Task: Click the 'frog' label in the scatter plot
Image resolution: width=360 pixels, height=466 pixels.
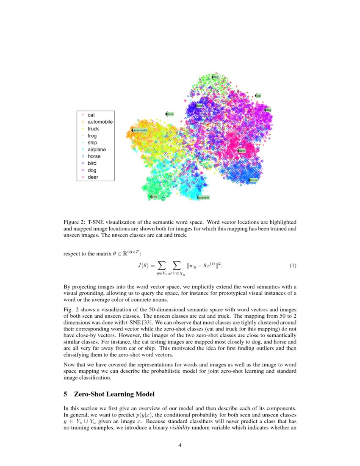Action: [x=215, y=77]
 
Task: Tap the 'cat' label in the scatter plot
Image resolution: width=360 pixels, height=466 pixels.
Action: [x=258, y=96]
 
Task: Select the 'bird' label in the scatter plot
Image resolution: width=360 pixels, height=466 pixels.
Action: [x=199, y=105]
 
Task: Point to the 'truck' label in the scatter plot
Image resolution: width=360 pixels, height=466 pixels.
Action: [x=170, y=114]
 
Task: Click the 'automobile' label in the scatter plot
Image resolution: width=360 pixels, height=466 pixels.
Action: [x=140, y=130]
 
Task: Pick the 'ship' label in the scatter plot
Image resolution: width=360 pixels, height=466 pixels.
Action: [x=154, y=197]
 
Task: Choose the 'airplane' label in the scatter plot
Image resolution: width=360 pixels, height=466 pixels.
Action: [x=203, y=197]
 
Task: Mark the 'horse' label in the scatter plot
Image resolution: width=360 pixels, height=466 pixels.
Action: [x=253, y=180]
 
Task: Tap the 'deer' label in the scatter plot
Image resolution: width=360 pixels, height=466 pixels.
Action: [x=241, y=150]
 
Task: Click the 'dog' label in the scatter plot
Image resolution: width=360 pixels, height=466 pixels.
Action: [x=268, y=110]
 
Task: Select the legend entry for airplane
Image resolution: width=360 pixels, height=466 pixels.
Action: [x=97, y=150]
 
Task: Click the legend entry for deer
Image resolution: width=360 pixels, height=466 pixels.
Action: [x=93, y=177]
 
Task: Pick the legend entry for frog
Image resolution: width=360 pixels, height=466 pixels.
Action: [x=92, y=136]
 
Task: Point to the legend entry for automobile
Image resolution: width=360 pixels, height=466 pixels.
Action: [x=100, y=122]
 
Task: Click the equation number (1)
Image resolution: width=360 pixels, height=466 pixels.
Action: [x=293, y=266]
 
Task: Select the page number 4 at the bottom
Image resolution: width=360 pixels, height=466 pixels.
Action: [x=180, y=445]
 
